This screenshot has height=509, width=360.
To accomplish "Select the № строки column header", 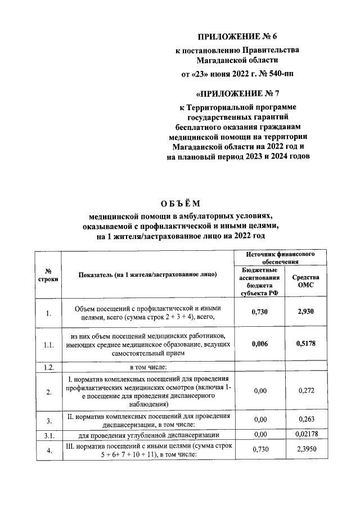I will (x=48, y=274).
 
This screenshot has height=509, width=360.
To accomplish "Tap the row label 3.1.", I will (x=48, y=435).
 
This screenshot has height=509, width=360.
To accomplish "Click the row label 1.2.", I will (x=48, y=366).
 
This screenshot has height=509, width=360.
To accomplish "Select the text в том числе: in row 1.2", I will (x=148, y=366).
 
